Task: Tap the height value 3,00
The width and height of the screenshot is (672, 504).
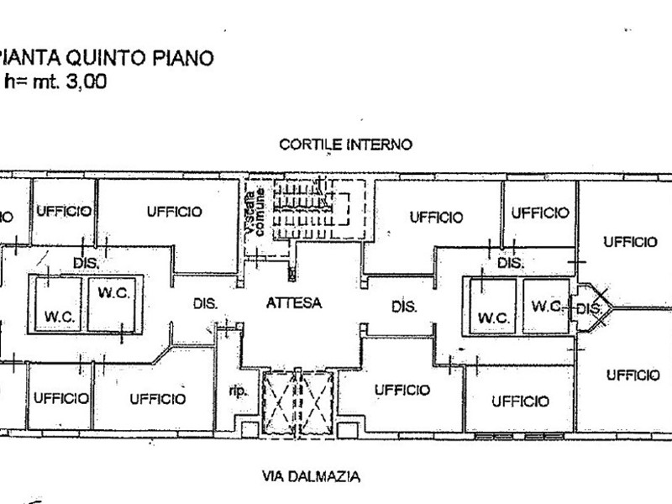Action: (x=87, y=81)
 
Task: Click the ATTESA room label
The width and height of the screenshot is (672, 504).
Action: (x=294, y=304)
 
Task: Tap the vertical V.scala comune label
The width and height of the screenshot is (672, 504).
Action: (x=254, y=214)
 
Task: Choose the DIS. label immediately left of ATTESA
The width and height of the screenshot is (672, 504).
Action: (x=206, y=304)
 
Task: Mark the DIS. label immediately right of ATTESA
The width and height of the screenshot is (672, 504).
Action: (x=405, y=307)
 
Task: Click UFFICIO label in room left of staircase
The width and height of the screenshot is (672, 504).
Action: (x=175, y=212)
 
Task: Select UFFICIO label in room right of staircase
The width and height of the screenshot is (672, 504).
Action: (x=437, y=217)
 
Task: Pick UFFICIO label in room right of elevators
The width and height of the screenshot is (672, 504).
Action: (x=402, y=390)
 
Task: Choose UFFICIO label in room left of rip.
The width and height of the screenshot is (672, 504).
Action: (x=157, y=399)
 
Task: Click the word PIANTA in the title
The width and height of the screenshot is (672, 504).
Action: (x=29, y=59)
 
